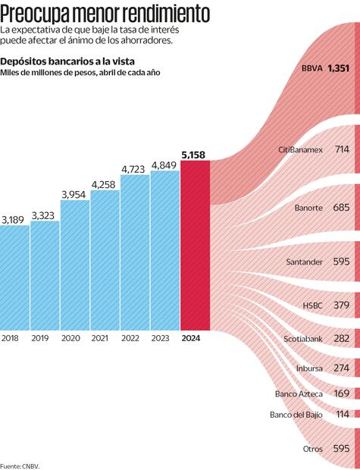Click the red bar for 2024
pos(195,246)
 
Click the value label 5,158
pos(193,155)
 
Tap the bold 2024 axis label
pos(193,339)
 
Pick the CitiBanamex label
pos(301,150)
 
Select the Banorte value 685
pos(340,206)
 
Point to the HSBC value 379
pos(341,305)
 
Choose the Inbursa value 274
pos(341,368)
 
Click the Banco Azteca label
pos(299,394)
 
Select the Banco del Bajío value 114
pos(342,415)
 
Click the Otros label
pos(313,449)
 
